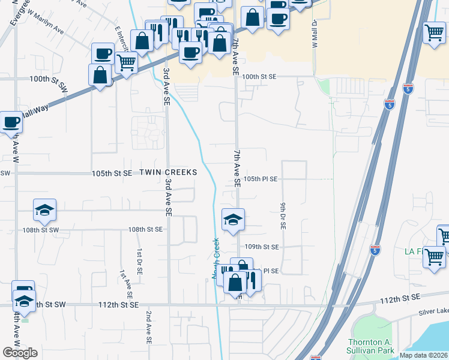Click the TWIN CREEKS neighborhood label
[x=168, y=172]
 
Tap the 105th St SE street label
[x=112, y=173]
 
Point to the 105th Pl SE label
[x=261, y=179]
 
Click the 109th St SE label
[x=262, y=247]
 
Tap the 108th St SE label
[x=145, y=229]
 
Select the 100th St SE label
[x=259, y=77]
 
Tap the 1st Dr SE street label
[x=139, y=262]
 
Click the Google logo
[x=20, y=353]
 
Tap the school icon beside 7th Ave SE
[x=233, y=219]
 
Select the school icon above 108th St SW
[x=44, y=209]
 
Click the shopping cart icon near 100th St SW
[x=126, y=62]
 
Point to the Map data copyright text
[x=423, y=355]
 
